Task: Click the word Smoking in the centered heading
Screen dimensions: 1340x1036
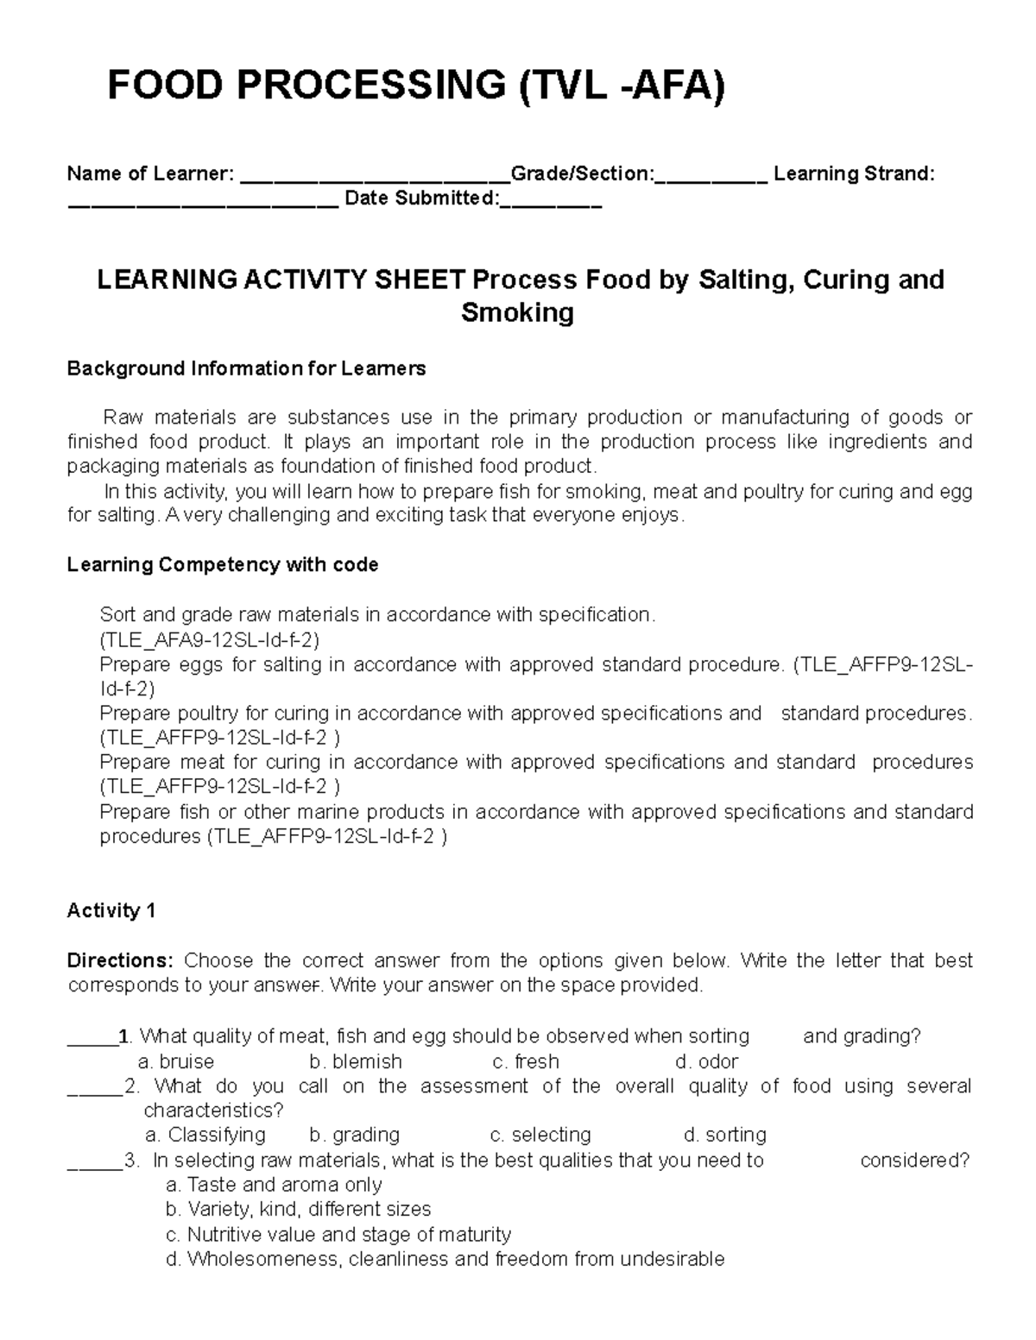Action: (x=517, y=312)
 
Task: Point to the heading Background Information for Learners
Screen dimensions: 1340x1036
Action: (x=246, y=368)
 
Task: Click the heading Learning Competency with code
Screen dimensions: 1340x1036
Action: (x=222, y=565)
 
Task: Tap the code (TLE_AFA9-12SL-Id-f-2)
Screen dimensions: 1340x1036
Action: (x=210, y=640)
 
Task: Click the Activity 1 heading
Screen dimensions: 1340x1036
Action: (x=111, y=911)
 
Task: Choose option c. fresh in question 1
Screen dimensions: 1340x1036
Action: (x=525, y=1061)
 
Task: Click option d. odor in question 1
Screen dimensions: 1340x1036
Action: (x=707, y=1061)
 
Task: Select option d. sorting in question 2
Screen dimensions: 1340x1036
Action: (x=724, y=1135)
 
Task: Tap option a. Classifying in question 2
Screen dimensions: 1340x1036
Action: (x=205, y=1135)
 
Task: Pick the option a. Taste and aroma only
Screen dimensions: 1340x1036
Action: (x=273, y=1185)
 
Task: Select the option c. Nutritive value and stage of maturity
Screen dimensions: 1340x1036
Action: (x=338, y=1235)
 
